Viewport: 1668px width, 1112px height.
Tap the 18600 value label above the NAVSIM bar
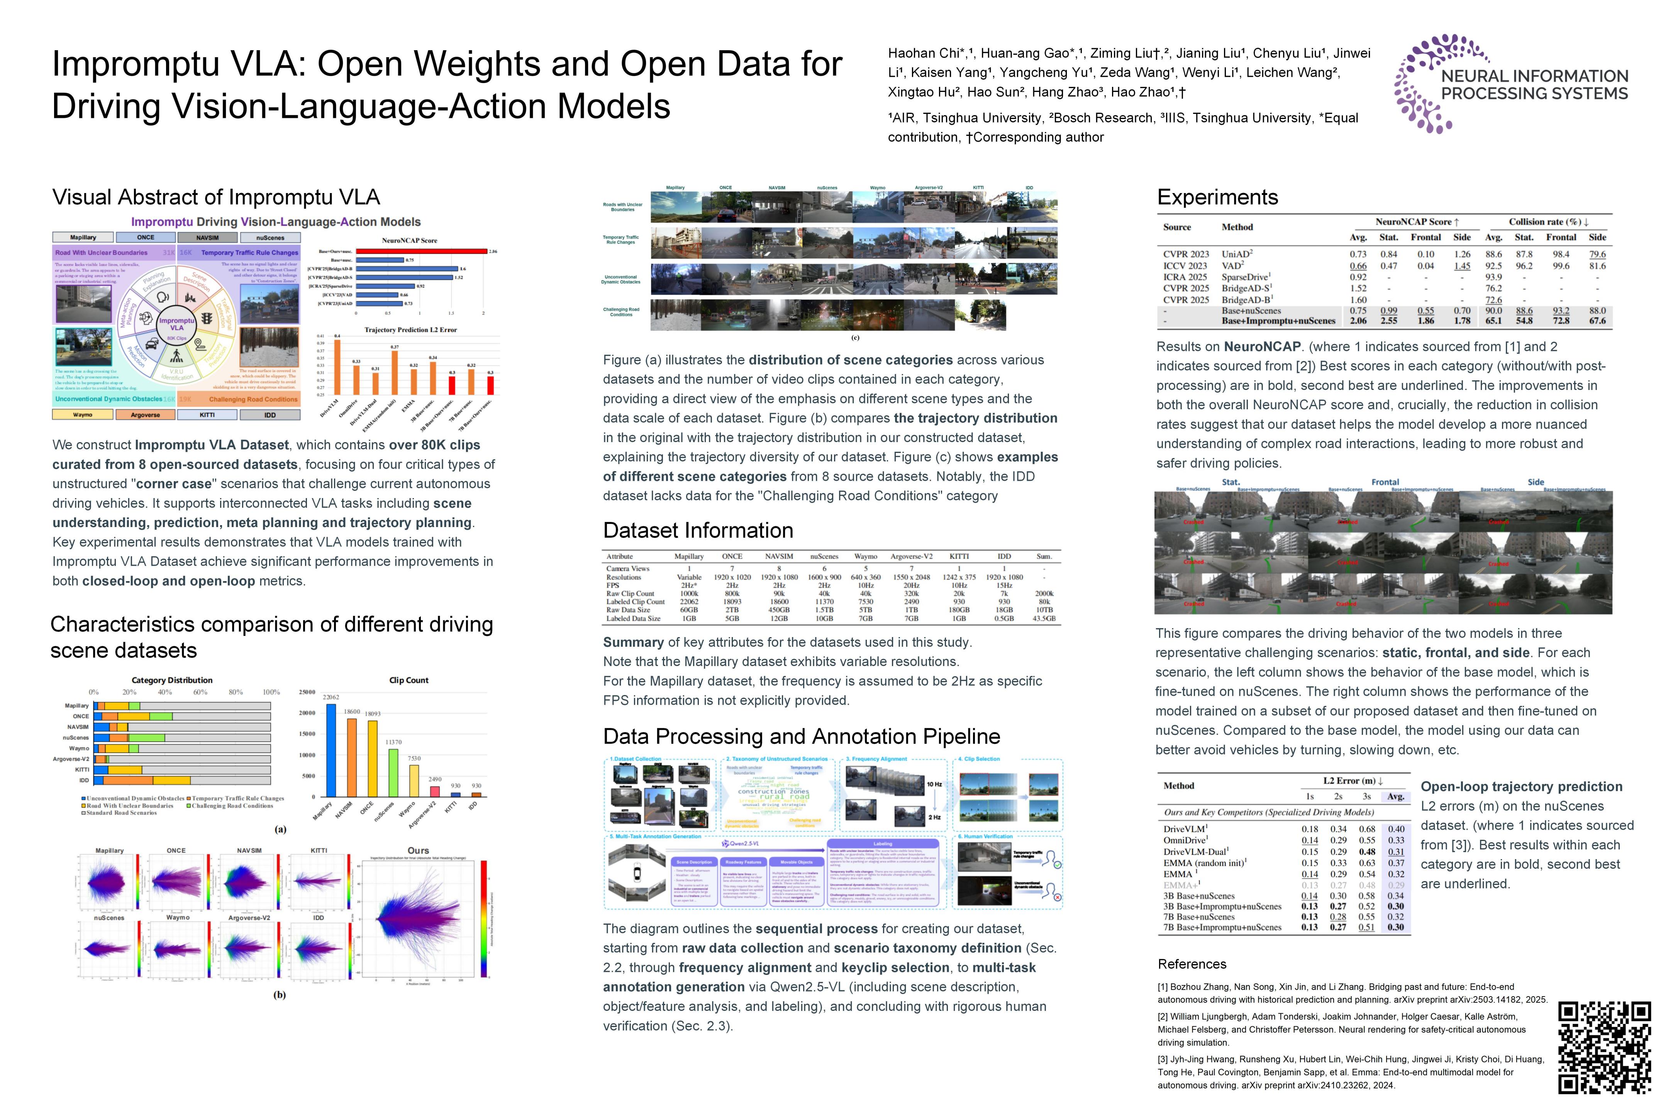(x=352, y=711)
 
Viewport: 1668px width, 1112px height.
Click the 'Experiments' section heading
(x=1217, y=197)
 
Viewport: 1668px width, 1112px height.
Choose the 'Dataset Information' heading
(x=698, y=531)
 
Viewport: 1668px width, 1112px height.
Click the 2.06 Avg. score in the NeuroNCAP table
(x=1358, y=320)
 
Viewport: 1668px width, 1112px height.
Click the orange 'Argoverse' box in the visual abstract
(x=146, y=415)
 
